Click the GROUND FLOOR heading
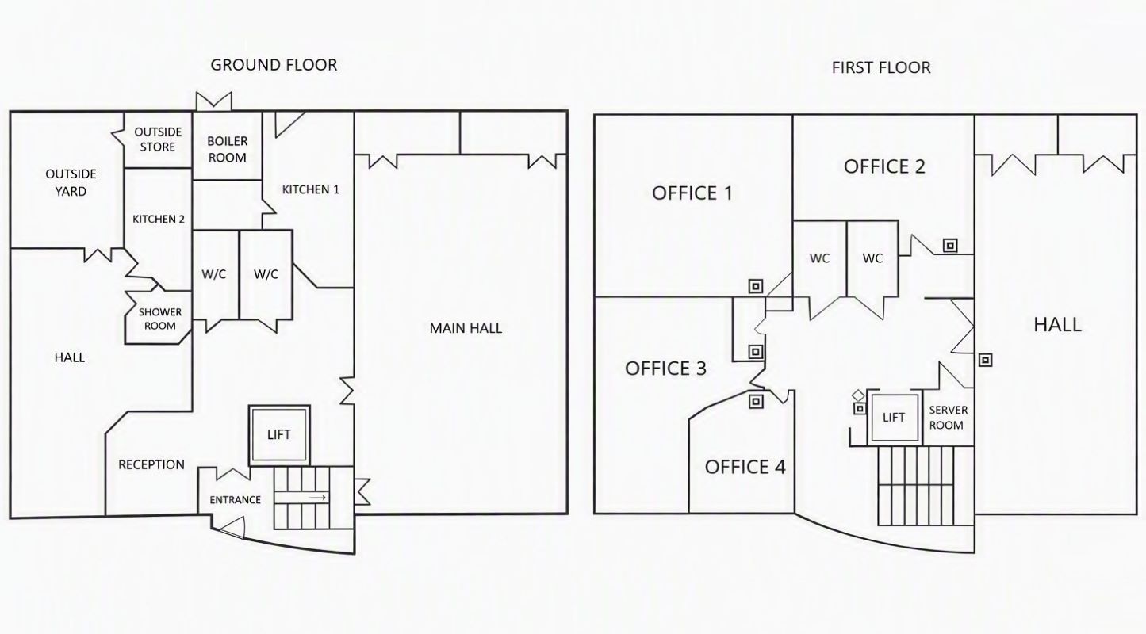click(274, 65)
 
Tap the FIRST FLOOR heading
click(881, 67)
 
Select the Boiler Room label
click(227, 149)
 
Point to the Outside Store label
click(158, 139)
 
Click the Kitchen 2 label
click(159, 220)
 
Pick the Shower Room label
click(159, 319)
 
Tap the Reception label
click(151, 464)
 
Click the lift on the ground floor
click(279, 436)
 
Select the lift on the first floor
click(895, 418)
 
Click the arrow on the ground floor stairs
click(317, 498)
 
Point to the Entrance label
click(236, 500)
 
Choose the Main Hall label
click(466, 328)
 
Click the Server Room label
click(948, 418)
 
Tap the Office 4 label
click(745, 467)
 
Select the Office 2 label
click(884, 166)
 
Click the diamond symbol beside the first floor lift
click(858, 395)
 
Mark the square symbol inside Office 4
click(756, 401)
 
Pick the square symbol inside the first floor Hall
click(985, 361)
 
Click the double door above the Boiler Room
click(214, 101)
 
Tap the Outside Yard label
click(71, 182)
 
